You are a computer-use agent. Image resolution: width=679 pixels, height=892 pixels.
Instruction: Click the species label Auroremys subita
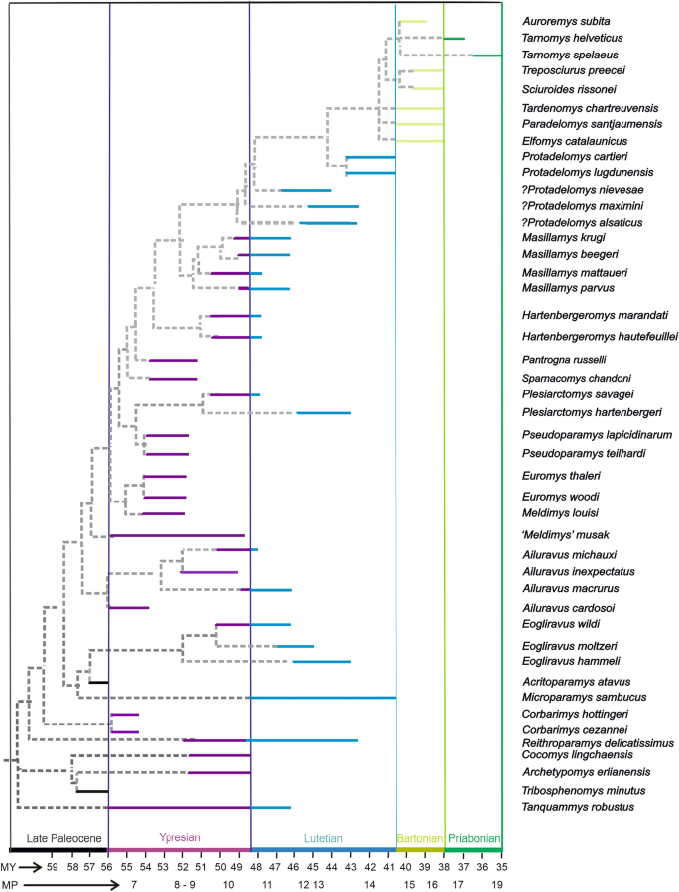(x=568, y=21)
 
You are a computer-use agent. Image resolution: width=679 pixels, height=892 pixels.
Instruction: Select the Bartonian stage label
(x=419, y=838)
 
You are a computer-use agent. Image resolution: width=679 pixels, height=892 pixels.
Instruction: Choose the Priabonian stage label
(x=474, y=838)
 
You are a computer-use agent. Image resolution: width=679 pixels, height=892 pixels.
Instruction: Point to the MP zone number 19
(x=502, y=884)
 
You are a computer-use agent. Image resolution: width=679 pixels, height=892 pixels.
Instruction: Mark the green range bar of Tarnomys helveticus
(x=454, y=39)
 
